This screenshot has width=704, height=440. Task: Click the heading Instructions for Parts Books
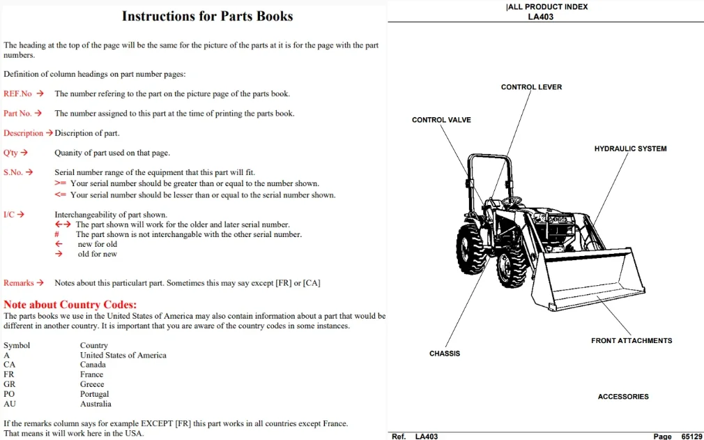click(208, 16)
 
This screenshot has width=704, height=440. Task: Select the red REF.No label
click(17, 93)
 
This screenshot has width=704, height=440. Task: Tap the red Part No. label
click(17, 113)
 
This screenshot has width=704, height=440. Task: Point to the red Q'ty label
click(10, 153)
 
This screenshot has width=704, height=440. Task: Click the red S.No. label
click(13, 172)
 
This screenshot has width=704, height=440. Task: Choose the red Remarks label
click(18, 283)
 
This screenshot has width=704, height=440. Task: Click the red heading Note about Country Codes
click(70, 305)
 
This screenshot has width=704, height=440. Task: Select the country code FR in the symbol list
click(9, 374)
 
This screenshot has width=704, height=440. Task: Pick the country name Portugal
click(94, 394)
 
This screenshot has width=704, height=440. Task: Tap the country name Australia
click(95, 404)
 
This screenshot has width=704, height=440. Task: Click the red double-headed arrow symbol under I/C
click(63, 224)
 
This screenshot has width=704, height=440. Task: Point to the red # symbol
click(56, 234)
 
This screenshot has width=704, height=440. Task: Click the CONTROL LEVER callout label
click(532, 87)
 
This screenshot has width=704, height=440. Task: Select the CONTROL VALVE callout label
click(441, 120)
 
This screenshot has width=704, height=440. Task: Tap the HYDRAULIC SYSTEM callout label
click(630, 149)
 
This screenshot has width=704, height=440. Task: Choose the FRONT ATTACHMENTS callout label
click(632, 341)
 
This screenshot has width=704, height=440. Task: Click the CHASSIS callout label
click(445, 354)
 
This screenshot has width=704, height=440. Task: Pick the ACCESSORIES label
click(623, 397)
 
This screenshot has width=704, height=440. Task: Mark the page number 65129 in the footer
click(691, 437)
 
